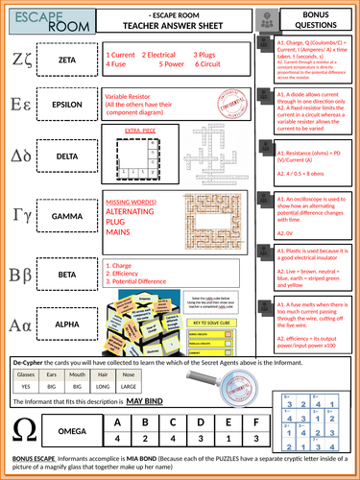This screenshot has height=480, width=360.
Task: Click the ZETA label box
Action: coord(66,61)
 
